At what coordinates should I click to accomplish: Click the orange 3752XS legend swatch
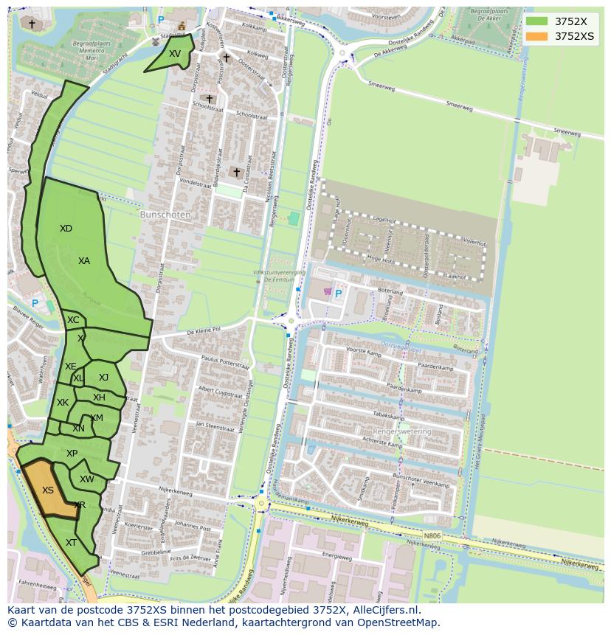coord(537,36)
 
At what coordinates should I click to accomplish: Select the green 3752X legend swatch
coord(537,21)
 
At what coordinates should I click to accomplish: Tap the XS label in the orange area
coord(48,490)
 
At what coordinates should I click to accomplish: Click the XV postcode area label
coord(174,54)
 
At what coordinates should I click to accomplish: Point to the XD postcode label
coord(66,229)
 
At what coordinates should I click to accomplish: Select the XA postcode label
coord(84,261)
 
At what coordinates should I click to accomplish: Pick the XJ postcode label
coord(103,378)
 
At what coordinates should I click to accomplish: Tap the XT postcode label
coord(71,543)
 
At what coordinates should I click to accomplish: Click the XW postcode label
coord(87,479)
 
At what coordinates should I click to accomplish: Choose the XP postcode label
coord(72,454)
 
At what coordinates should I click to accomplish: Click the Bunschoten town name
coord(165,215)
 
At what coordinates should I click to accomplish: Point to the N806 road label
coord(433,536)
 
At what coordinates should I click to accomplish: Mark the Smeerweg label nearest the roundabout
coord(381,86)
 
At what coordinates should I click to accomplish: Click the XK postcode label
coord(63,403)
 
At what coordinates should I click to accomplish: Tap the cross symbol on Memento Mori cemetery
coord(31,24)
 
